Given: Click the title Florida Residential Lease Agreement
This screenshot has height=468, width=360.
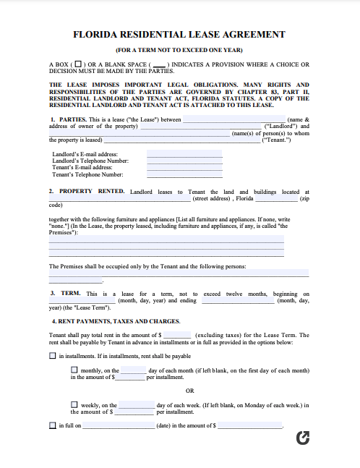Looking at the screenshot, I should (179, 34).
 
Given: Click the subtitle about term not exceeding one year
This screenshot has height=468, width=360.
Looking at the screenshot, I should (179, 49).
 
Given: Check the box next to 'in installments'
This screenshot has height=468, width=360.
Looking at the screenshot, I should (52, 356).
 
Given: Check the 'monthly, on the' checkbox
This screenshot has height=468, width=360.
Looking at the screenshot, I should (74, 370).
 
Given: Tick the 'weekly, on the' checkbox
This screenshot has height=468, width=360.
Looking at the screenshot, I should (74, 405).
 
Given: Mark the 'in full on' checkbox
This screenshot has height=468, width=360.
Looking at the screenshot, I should (52, 426).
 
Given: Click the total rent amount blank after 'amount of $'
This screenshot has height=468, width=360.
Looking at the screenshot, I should (178, 335).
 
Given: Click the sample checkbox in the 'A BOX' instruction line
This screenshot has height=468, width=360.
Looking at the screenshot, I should (78, 64).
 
